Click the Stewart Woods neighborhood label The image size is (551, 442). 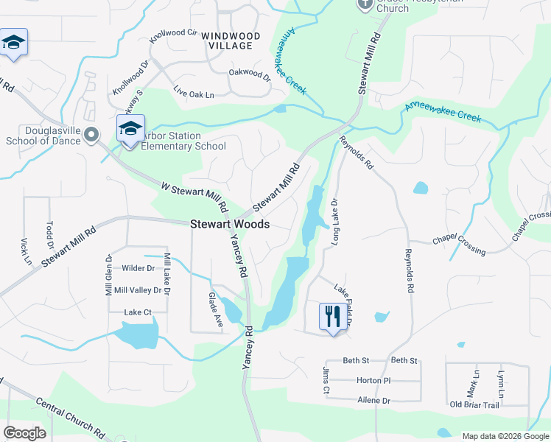click(230, 225)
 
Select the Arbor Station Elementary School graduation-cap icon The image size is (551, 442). click(130, 129)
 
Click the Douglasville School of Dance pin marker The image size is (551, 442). click(91, 134)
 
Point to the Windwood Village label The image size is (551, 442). click(231, 41)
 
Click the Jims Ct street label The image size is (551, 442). click(325, 379)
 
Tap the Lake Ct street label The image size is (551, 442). click(138, 312)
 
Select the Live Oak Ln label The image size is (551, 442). click(193, 94)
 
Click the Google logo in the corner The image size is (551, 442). click(24, 433)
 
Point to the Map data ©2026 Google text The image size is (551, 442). click(505, 436)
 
